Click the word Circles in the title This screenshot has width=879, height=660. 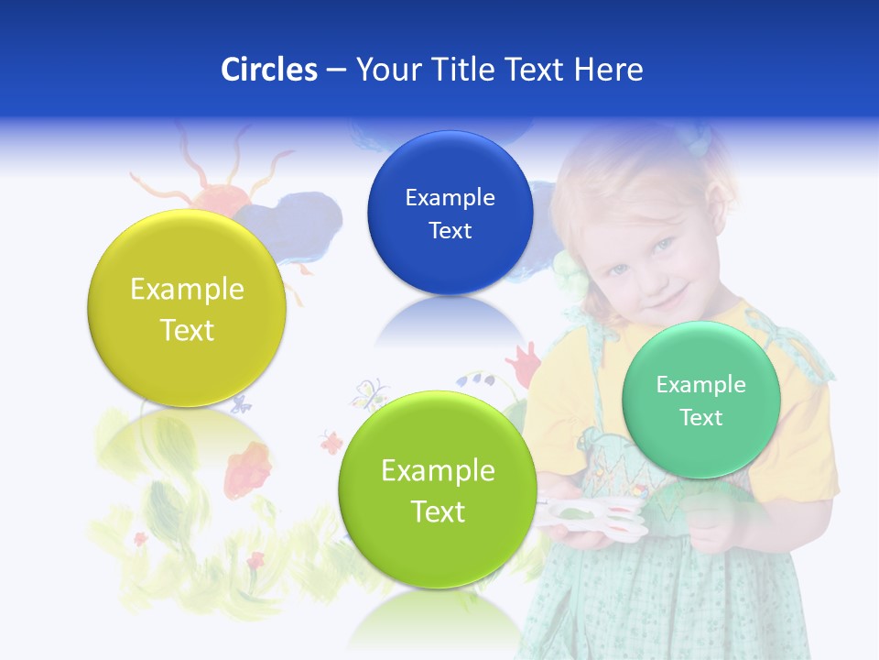click(269, 70)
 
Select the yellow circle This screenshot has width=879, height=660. click(187, 308)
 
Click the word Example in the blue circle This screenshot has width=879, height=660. click(450, 197)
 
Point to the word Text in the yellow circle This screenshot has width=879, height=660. click(187, 330)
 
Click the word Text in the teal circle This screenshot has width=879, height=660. click(701, 418)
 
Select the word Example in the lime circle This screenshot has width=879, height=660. click(438, 471)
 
